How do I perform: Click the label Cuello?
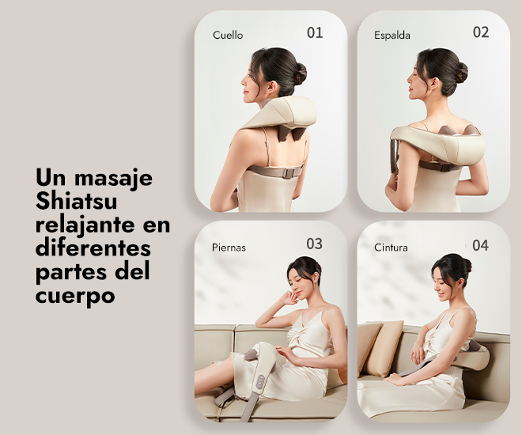228,35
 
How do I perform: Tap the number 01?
315,32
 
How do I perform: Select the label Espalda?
391,36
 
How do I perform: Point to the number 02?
481,32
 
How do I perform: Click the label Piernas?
229,248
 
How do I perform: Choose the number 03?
314,244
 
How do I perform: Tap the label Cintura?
391,248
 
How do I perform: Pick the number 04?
480,246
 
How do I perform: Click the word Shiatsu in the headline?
76,201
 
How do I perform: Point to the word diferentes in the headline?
93,248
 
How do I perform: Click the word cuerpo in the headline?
75,296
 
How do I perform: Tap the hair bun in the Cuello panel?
300,74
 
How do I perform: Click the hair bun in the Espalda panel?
461,73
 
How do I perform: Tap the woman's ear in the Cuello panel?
272,87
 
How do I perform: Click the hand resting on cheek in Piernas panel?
289,297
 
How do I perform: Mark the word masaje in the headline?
113,179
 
